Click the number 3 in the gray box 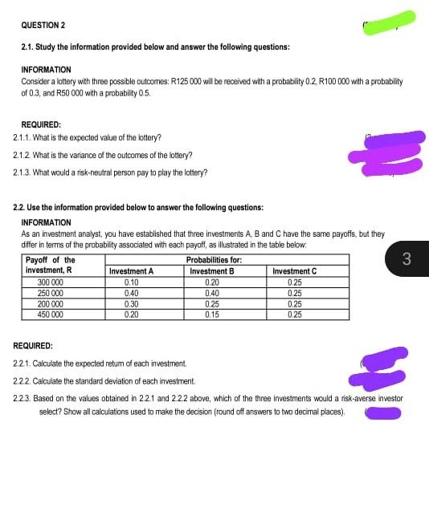(x=407, y=258)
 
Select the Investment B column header (x=212, y=271)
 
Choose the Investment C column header (x=294, y=271)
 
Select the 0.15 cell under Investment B (x=212, y=315)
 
